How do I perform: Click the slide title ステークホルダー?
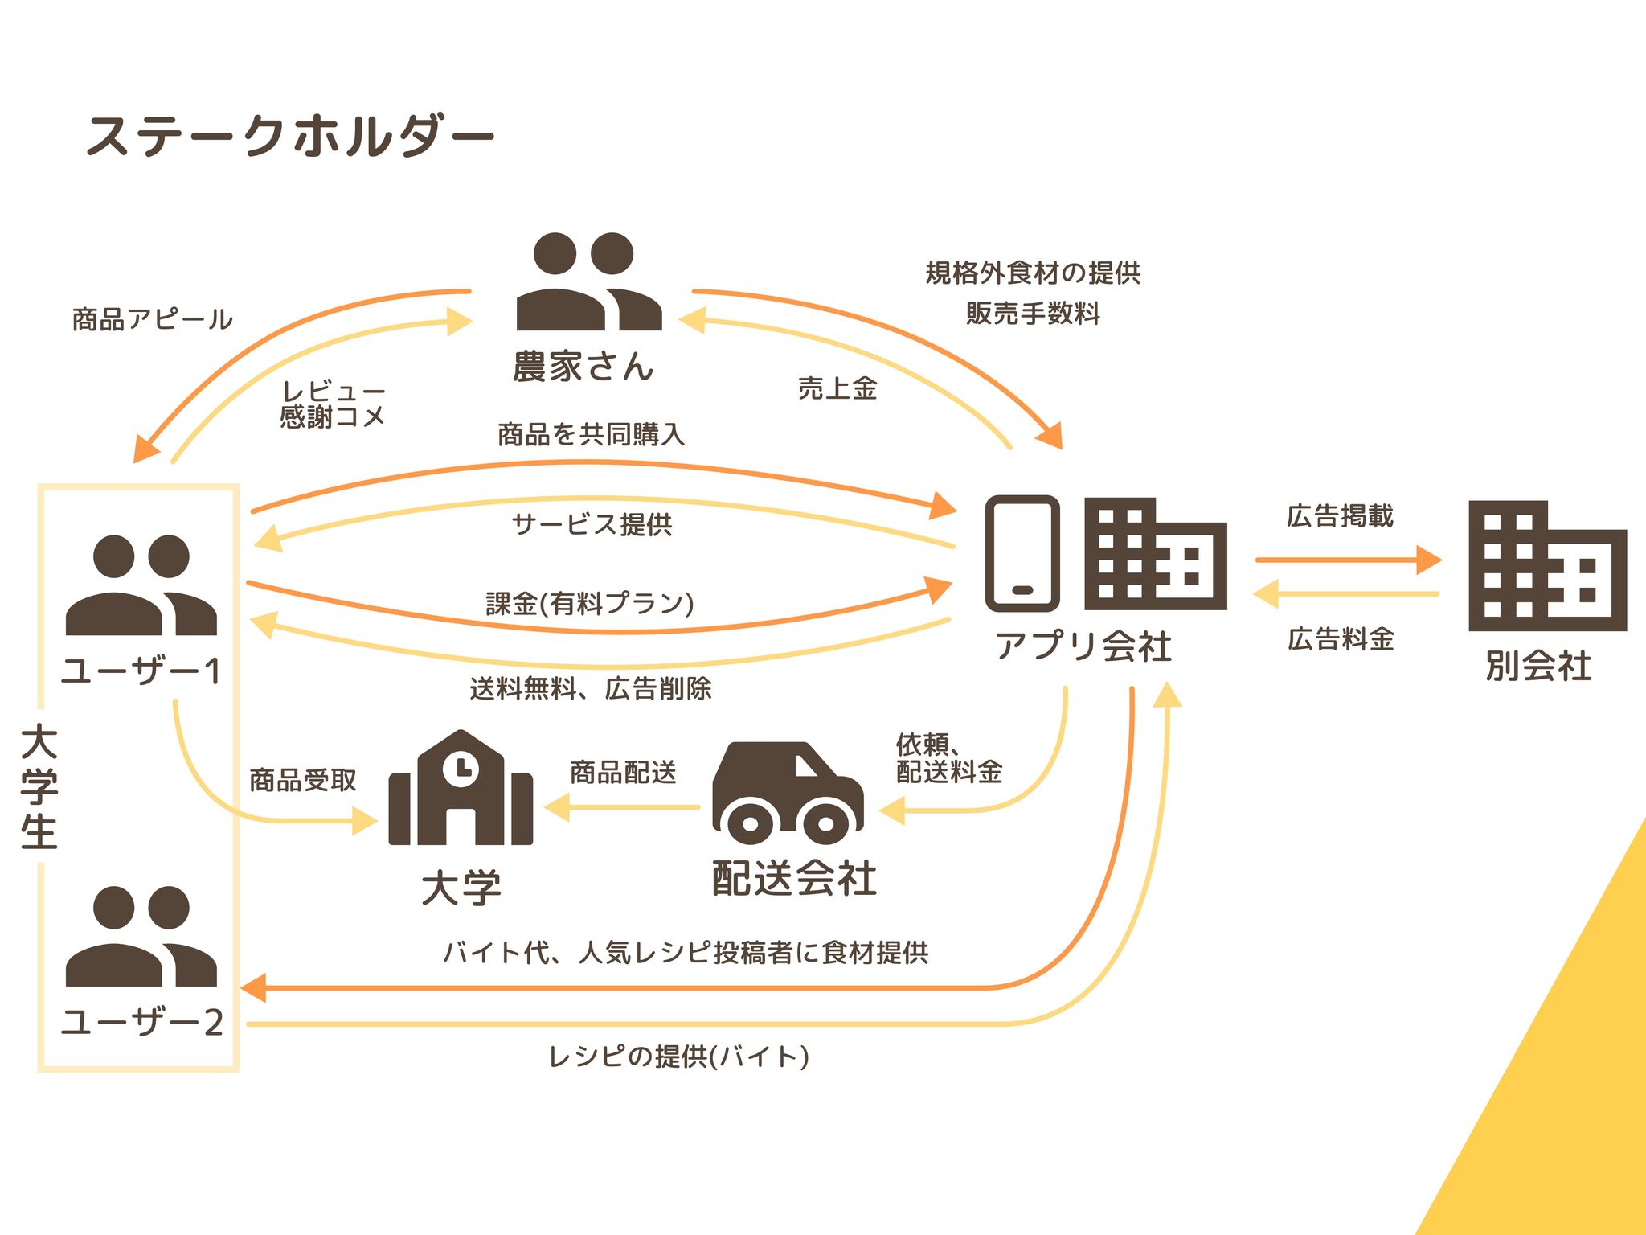290,136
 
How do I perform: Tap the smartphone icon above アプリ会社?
1022,553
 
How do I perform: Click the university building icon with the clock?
461,787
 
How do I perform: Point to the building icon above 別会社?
1547,566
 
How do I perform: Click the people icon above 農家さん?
589,281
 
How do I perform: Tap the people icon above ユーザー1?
141,585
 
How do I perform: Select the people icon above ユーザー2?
141,937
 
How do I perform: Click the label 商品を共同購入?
591,434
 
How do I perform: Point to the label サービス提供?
592,524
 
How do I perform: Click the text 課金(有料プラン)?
590,603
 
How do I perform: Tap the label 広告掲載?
1340,515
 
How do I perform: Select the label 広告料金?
1341,639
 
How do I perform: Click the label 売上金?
837,388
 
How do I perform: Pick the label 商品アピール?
153,319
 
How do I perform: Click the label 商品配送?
623,773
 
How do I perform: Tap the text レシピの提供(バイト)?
679,1056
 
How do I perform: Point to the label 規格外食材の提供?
1033,273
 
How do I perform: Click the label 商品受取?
302,780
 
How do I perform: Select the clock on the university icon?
461,768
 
